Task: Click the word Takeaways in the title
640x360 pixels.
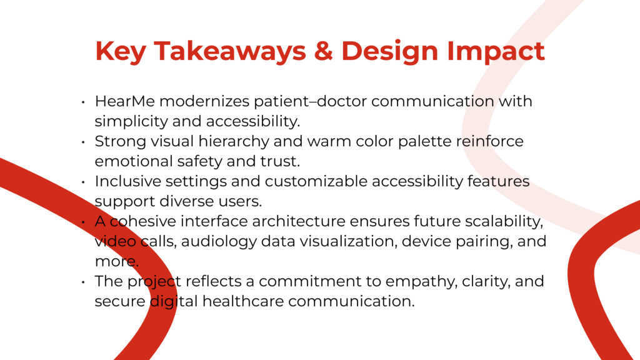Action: (x=229, y=51)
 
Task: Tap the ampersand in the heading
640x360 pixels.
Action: (x=323, y=51)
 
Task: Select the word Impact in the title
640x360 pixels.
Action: (x=496, y=51)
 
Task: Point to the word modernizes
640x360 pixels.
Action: (x=204, y=101)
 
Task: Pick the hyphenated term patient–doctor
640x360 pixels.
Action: (x=310, y=102)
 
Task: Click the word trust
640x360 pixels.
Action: (x=281, y=161)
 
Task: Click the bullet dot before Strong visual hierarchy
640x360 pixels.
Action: (x=83, y=142)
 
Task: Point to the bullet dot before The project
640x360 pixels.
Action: (x=83, y=282)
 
